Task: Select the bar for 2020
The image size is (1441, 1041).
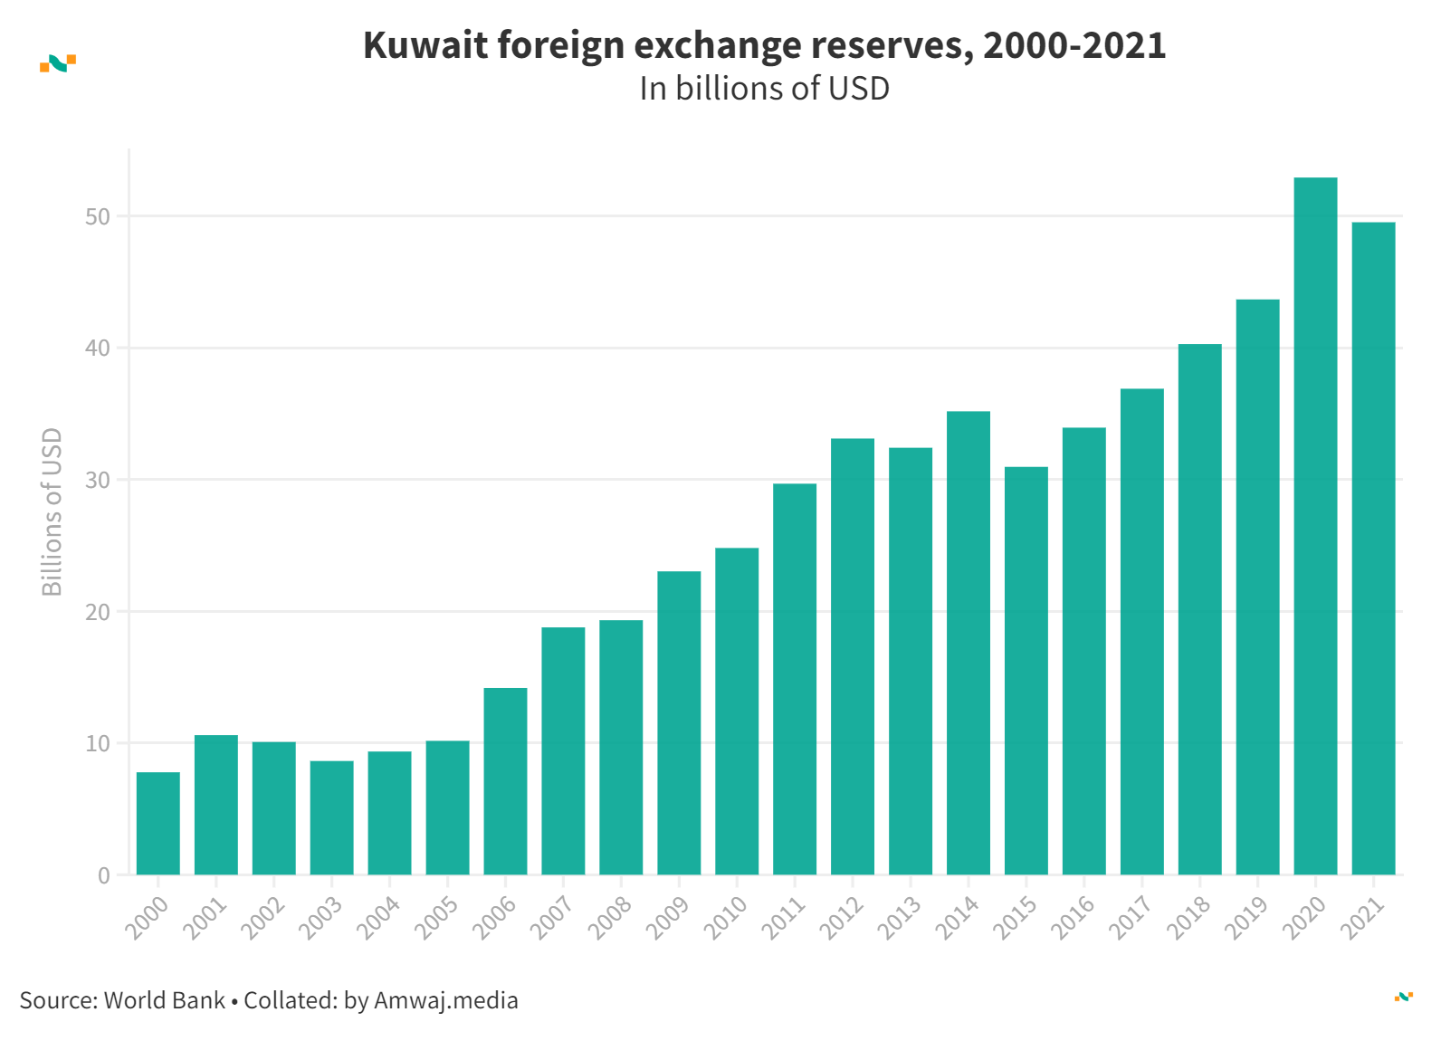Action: [1315, 526]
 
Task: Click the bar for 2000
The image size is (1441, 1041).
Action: [158, 823]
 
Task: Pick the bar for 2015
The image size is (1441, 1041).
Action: [1026, 671]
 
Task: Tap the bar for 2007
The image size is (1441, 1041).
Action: [563, 750]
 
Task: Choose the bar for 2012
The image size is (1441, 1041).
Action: [853, 656]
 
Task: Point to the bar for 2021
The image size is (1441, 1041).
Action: [1373, 549]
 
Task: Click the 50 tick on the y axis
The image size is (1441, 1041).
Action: [98, 216]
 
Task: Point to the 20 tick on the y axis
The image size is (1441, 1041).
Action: [98, 612]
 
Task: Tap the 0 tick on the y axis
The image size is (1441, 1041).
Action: [104, 875]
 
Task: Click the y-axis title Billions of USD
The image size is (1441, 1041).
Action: [52, 511]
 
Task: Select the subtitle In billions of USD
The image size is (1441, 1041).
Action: [764, 89]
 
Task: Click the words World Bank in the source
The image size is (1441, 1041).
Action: [164, 1000]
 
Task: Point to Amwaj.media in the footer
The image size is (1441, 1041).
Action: [445, 1000]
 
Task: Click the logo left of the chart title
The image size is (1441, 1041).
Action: [58, 63]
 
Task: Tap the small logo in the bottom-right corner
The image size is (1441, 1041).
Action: [1403, 997]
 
